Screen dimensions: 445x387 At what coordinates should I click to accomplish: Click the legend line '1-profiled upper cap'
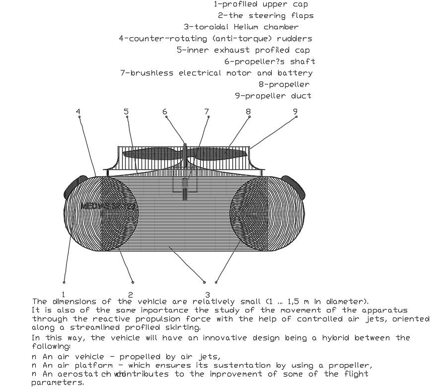[260, 4]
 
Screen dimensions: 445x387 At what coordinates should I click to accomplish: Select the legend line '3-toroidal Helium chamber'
[241, 27]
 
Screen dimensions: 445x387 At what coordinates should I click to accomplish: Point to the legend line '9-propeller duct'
[273, 96]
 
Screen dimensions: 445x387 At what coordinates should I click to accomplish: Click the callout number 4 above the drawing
[78, 111]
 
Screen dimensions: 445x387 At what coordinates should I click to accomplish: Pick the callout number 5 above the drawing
[126, 111]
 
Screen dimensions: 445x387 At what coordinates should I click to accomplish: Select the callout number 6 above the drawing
[165, 112]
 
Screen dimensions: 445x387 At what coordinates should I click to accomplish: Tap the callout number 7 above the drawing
[207, 112]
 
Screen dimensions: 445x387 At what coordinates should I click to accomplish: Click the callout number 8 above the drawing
[248, 112]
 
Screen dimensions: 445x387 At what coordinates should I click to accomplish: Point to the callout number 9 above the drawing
[295, 111]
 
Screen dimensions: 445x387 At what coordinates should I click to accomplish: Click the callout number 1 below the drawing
[64, 295]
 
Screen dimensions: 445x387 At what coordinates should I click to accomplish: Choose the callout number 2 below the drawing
[131, 295]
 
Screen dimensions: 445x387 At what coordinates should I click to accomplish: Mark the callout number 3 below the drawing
[207, 295]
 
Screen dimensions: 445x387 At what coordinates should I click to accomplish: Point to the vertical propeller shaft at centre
[185, 171]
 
